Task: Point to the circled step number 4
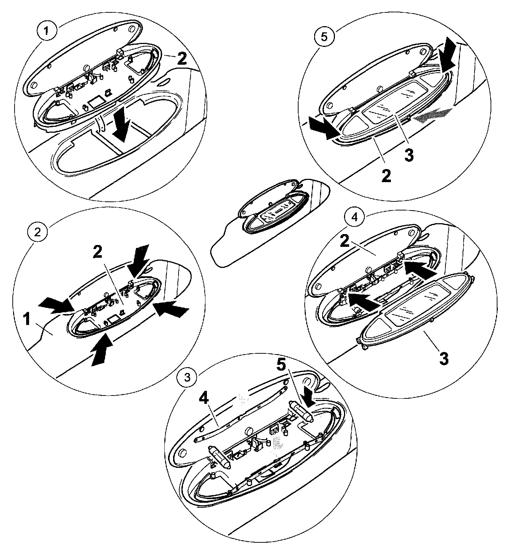pyautogui.click(x=355, y=217)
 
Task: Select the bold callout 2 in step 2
pyautogui.click(x=97, y=252)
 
